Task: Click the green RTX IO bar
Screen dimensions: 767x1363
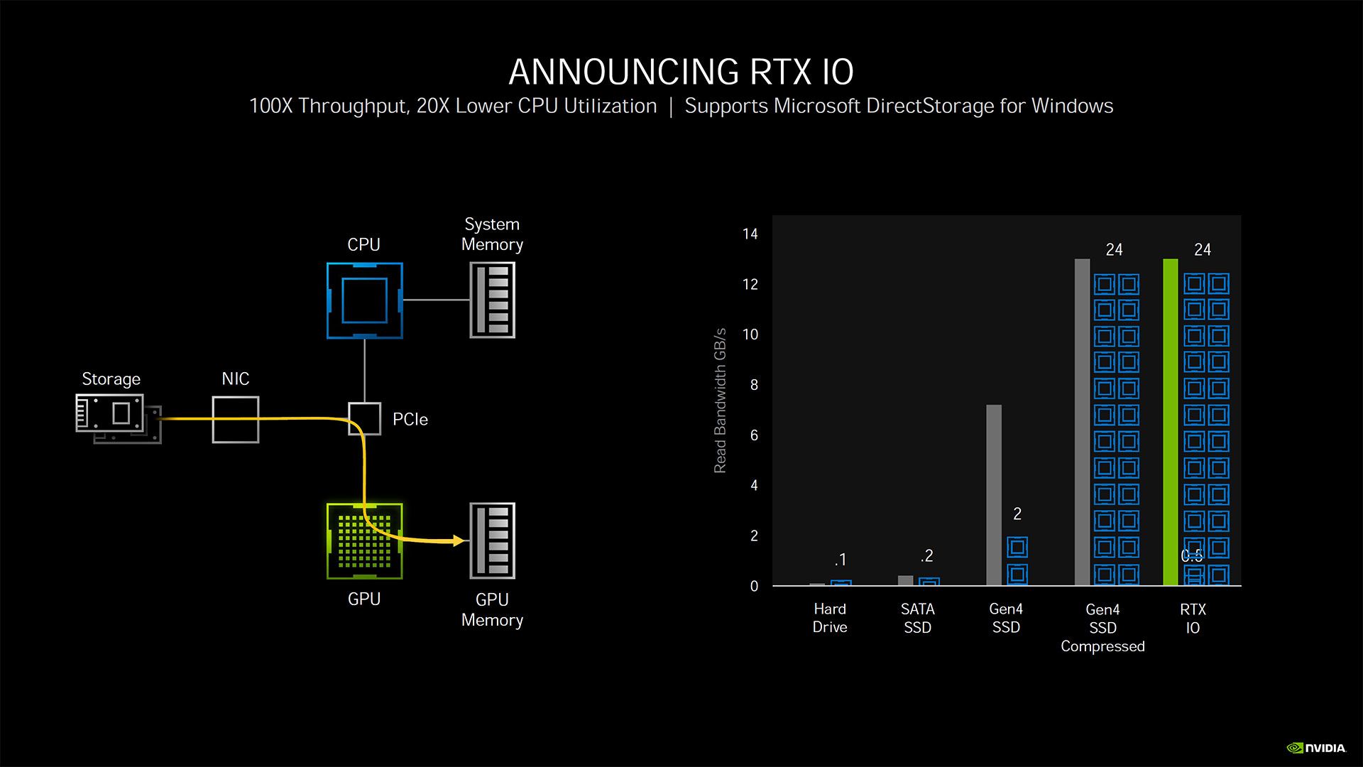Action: pos(1170,423)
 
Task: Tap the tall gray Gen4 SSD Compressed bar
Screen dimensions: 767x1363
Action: pos(1082,423)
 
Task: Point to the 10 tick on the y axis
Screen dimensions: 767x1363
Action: pos(750,334)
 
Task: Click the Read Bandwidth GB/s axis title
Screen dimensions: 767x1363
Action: pos(720,401)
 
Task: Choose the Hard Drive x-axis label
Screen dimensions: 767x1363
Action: pos(830,618)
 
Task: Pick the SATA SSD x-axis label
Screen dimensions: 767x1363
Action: pos(917,618)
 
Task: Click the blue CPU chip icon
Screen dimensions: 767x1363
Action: pos(364,300)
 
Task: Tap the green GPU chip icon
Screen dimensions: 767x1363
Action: pos(364,541)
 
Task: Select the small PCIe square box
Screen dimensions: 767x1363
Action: pos(364,419)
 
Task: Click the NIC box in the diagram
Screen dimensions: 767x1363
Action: pos(236,420)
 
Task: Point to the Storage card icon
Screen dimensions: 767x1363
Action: pos(114,415)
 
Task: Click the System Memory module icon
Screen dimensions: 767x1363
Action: pos(493,300)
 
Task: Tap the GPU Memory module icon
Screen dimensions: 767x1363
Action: pos(493,540)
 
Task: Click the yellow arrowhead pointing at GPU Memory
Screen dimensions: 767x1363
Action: pos(459,541)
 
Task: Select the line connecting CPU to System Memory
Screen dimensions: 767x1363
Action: pos(436,300)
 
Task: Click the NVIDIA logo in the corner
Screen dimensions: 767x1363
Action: pos(1316,748)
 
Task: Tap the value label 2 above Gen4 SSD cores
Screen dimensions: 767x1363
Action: pos(1017,513)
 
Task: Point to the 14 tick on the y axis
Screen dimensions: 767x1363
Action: pos(750,234)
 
